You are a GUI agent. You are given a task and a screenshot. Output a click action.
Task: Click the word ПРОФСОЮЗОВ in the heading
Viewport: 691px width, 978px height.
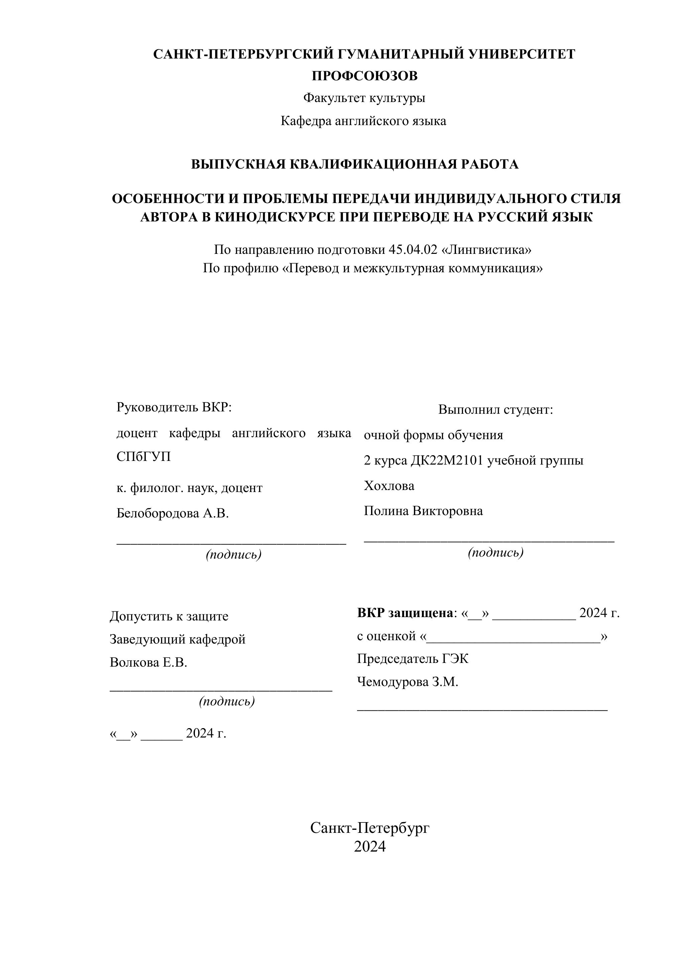pyautogui.click(x=364, y=76)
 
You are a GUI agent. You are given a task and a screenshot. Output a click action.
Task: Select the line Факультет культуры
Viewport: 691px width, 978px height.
pyautogui.click(x=364, y=98)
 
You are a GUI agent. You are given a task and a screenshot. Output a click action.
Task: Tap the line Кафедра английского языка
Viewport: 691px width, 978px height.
pyautogui.click(x=363, y=121)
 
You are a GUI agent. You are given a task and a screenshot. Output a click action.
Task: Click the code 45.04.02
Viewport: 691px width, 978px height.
pyautogui.click(x=413, y=250)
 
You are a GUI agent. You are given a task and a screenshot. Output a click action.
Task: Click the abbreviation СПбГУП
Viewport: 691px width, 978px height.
pyautogui.click(x=143, y=457)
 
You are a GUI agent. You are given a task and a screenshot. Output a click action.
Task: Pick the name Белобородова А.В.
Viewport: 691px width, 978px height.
pyautogui.click(x=172, y=513)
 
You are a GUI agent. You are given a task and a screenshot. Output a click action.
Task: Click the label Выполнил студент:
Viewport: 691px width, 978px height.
pyautogui.click(x=495, y=410)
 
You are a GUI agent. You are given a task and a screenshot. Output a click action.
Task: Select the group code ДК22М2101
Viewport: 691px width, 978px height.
pyautogui.click(x=447, y=461)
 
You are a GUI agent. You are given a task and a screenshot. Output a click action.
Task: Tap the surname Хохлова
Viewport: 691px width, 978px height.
pyautogui.click(x=389, y=486)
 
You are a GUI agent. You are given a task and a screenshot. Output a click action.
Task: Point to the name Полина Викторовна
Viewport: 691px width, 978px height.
pyautogui.click(x=423, y=511)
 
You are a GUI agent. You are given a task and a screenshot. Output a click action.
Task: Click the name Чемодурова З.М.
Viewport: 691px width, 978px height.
pyautogui.click(x=408, y=682)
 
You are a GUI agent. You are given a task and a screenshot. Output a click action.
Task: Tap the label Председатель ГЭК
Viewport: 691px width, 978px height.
pyautogui.click(x=413, y=659)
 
